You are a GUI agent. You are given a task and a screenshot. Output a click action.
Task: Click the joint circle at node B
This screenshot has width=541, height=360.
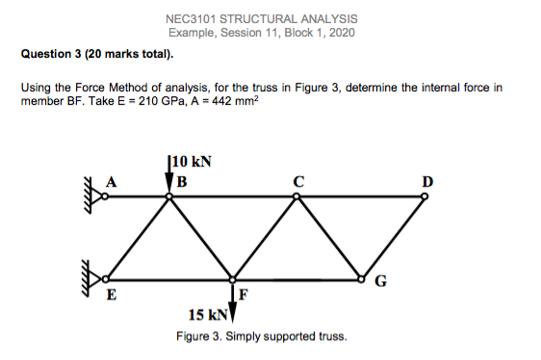(x=169, y=197)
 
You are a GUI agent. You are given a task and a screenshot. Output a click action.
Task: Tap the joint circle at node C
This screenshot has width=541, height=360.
(x=297, y=197)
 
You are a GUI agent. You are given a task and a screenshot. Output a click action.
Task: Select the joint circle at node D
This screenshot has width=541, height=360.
(x=425, y=197)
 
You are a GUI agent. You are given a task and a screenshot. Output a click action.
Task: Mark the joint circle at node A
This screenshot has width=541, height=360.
(x=106, y=197)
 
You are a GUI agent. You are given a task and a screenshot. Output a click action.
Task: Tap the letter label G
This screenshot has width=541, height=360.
(x=380, y=283)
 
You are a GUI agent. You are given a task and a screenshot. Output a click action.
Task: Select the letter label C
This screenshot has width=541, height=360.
(x=299, y=180)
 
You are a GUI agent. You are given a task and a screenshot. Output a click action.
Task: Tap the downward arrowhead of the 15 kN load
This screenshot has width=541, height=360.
(x=233, y=315)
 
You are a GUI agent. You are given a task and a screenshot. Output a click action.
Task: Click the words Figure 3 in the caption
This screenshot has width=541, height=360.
(x=197, y=336)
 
